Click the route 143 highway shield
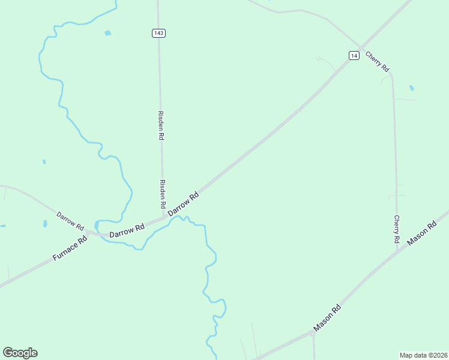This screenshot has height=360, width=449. pyautogui.click(x=158, y=33)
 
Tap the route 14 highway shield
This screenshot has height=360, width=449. pyautogui.click(x=354, y=55)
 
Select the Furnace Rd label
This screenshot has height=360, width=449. pyautogui.click(x=70, y=247)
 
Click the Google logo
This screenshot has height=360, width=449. pyautogui.click(x=20, y=353)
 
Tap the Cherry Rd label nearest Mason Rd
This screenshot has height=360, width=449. pyautogui.click(x=397, y=229)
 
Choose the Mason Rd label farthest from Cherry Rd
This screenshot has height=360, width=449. pyautogui.click(x=328, y=318)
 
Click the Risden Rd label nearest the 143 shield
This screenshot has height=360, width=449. pyautogui.click(x=161, y=125)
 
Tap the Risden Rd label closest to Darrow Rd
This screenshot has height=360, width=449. pyautogui.click(x=163, y=194)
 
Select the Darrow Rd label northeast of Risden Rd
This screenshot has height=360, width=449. pyautogui.click(x=184, y=204)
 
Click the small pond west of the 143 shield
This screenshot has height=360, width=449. pyautogui.click(x=108, y=33)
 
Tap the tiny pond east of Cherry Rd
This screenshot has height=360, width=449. pyautogui.click(x=412, y=88)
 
